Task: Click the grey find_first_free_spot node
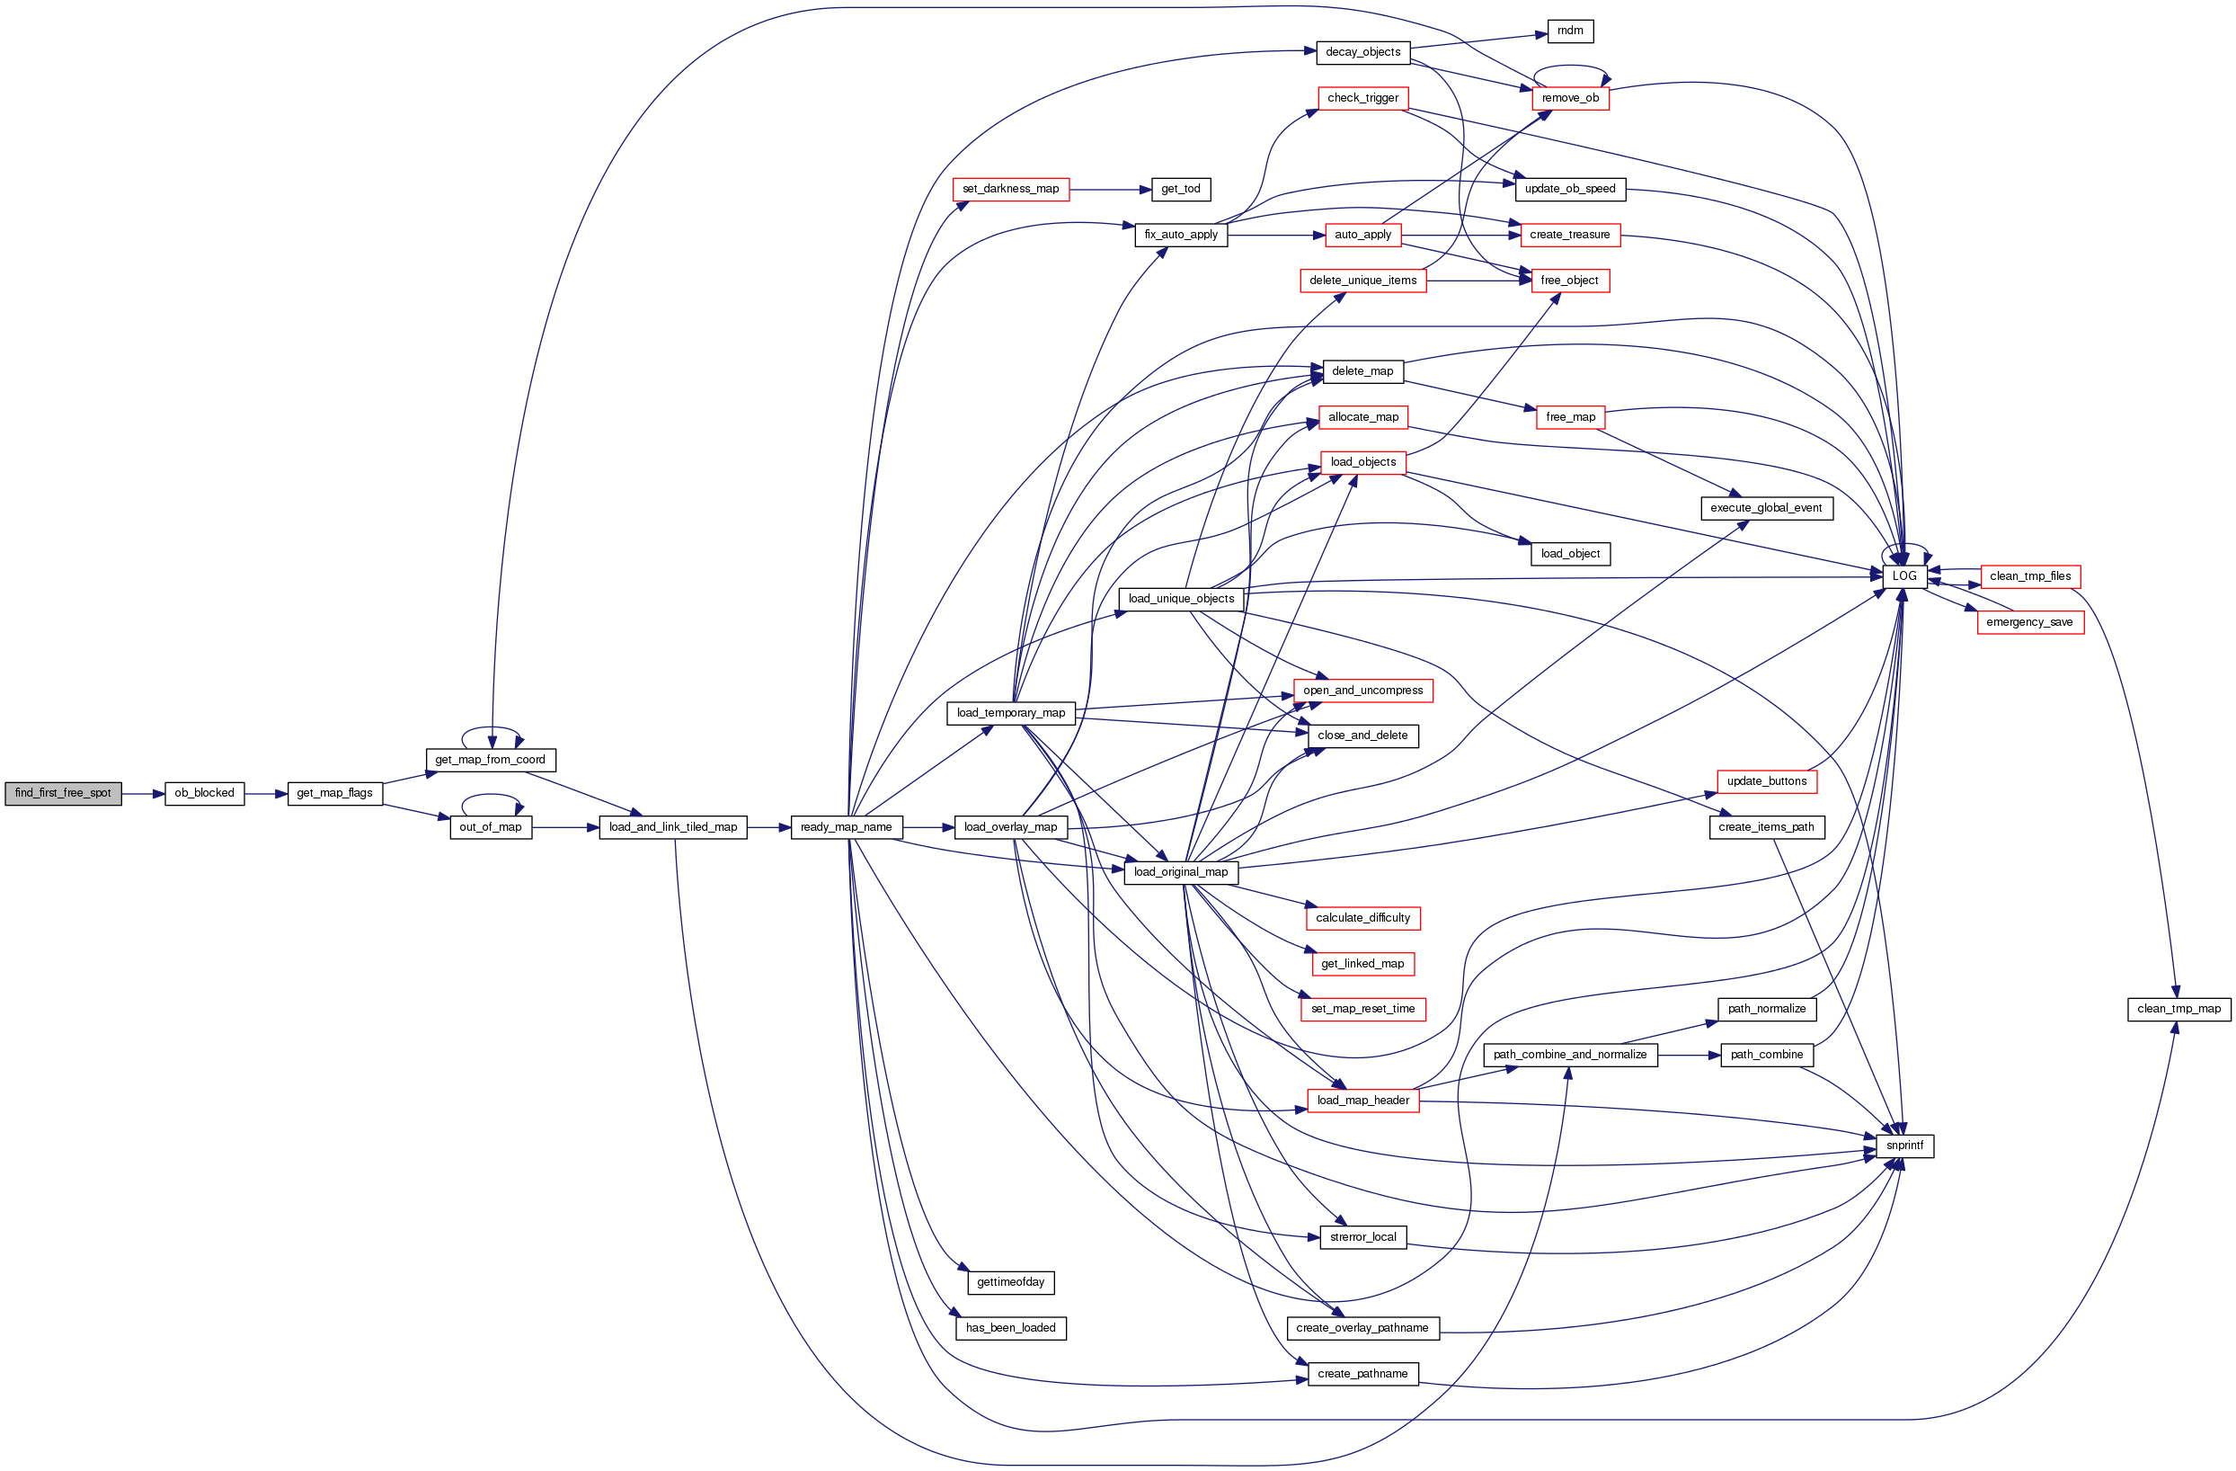tap(63, 793)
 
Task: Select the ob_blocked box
tap(204, 793)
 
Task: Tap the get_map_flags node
tap(334, 793)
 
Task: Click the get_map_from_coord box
tap(490, 760)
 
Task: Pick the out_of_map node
tap(490, 827)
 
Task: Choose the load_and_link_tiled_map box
tap(672, 827)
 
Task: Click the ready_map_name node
tap(846, 827)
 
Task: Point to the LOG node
tap(1903, 576)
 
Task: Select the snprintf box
tap(1903, 1146)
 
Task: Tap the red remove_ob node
tap(1570, 98)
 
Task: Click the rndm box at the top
tap(1570, 31)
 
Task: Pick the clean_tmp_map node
tap(2178, 1009)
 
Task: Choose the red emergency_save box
tap(2029, 622)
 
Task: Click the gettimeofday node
tap(1010, 1282)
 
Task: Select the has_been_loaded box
tap(1010, 1328)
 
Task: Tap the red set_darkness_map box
tap(1010, 189)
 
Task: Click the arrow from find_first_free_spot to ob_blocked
tap(143, 794)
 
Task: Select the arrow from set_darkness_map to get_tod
tap(1111, 190)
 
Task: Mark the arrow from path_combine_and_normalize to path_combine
tap(1689, 1056)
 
